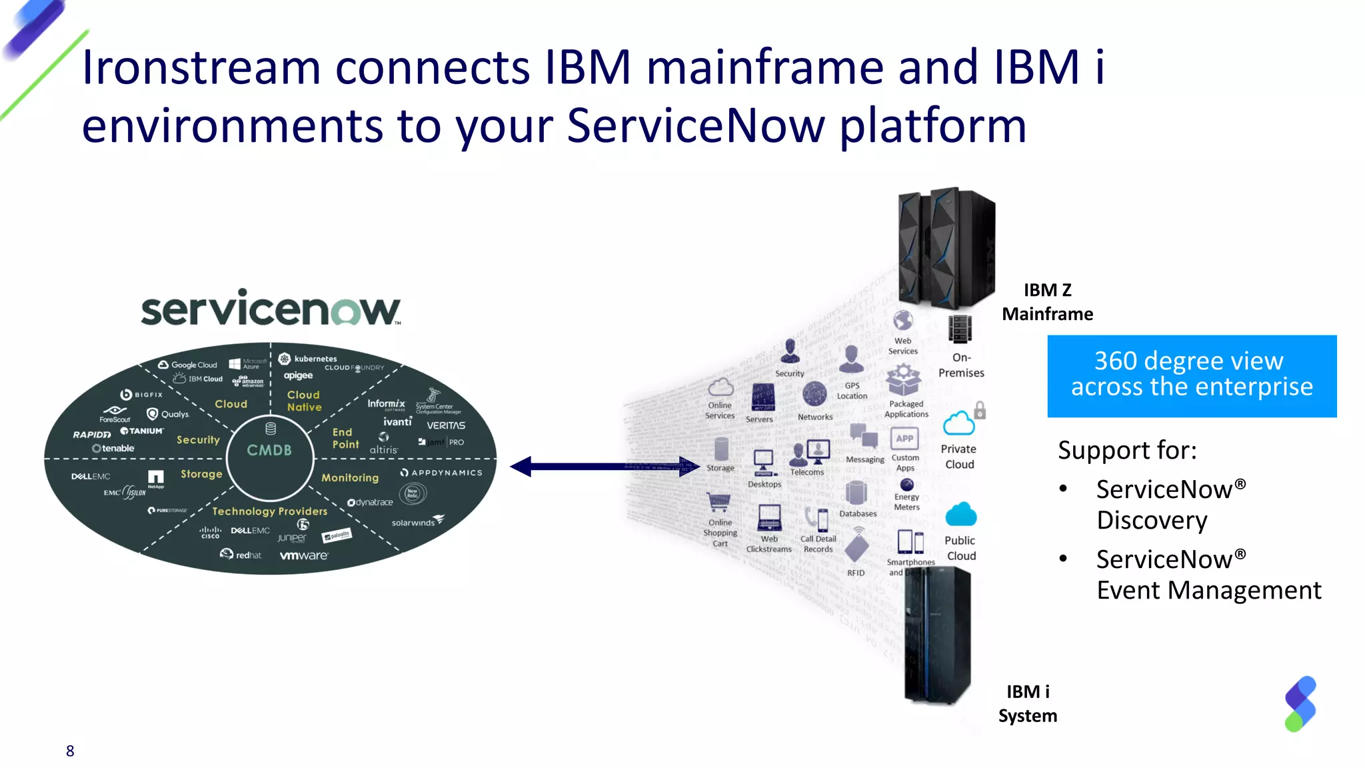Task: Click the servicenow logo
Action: click(x=270, y=309)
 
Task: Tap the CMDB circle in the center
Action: click(x=270, y=451)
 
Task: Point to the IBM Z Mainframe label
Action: click(x=1047, y=302)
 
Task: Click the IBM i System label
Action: click(x=1027, y=703)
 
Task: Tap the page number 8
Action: click(x=70, y=751)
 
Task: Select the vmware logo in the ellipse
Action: click(x=304, y=555)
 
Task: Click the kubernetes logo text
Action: click(x=315, y=359)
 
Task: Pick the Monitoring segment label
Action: click(x=350, y=477)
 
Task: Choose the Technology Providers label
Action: click(x=270, y=511)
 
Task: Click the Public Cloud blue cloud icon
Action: click(x=960, y=515)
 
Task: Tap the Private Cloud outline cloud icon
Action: click(x=958, y=424)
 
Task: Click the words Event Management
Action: click(x=1208, y=590)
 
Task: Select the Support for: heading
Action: click(x=1127, y=450)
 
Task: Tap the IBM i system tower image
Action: click(x=937, y=637)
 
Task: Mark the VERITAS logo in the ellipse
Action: click(x=446, y=425)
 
